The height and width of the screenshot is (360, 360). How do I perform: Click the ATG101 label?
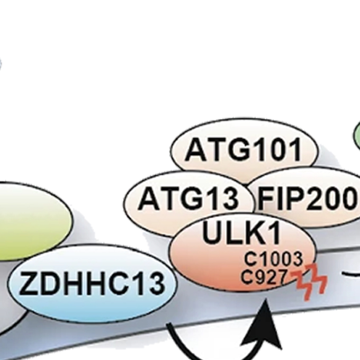tap(244, 150)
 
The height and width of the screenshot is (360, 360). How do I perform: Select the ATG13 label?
tap(188, 200)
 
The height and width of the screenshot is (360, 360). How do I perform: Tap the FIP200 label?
tap(307, 200)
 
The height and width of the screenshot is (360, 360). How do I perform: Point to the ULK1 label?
tap(235, 233)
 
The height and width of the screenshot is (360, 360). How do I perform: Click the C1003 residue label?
tap(273, 259)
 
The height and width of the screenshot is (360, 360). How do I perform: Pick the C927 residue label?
tap(264, 276)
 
